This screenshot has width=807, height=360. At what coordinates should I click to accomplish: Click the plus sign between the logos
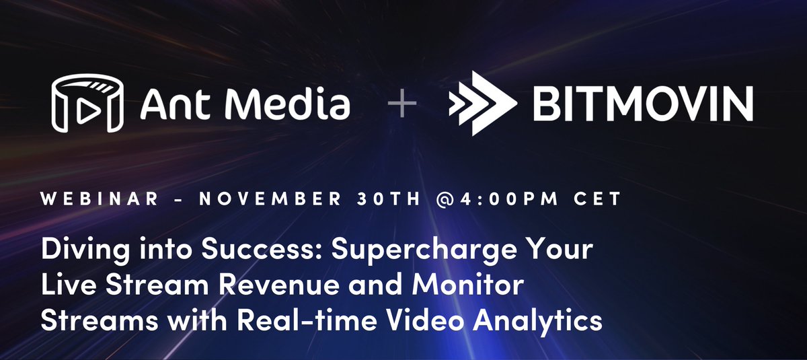click(x=402, y=106)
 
